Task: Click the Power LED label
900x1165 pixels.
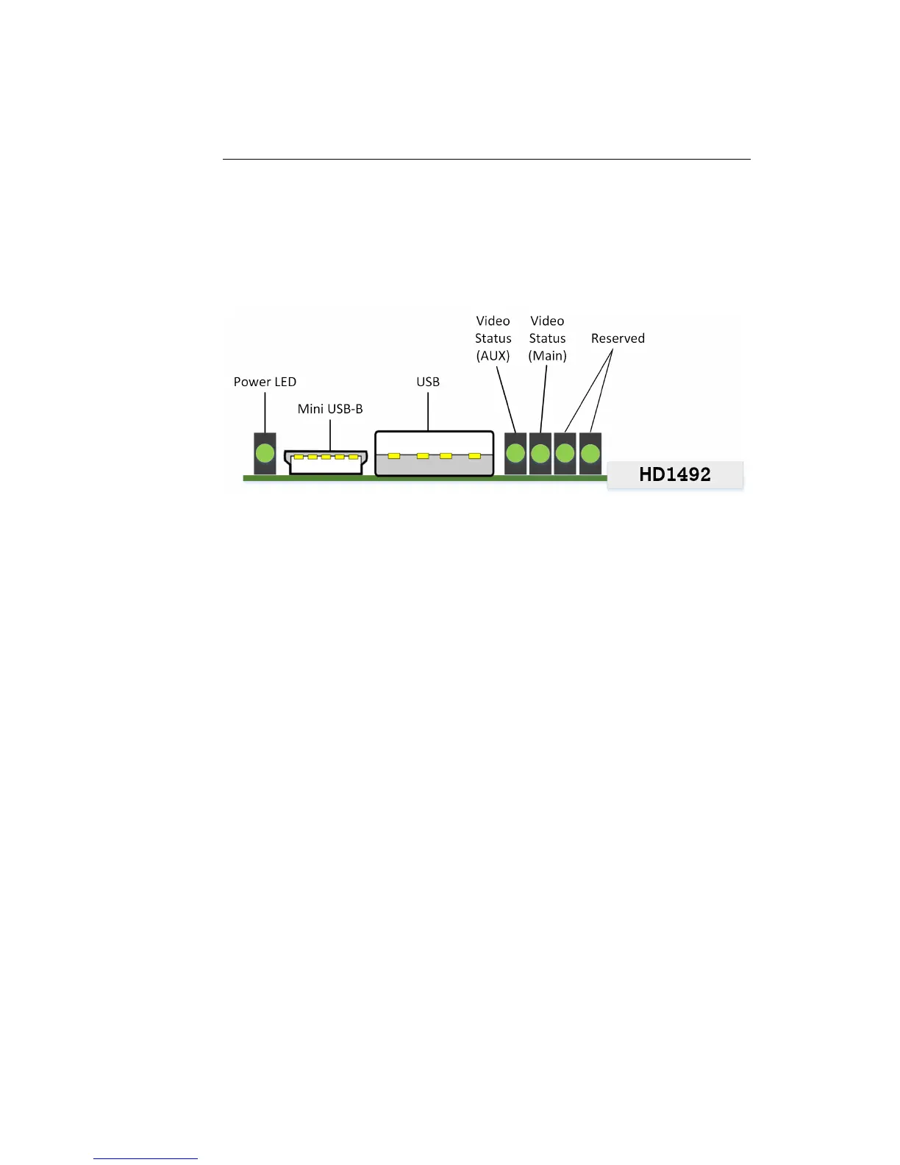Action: (x=265, y=382)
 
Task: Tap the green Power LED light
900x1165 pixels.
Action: (x=265, y=454)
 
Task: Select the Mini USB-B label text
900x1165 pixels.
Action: (x=330, y=409)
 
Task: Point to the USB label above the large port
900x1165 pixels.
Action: (x=428, y=382)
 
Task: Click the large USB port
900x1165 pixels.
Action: (x=434, y=454)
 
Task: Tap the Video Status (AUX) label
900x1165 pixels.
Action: (x=493, y=338)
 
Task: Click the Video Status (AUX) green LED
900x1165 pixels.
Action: (x=515, y=453)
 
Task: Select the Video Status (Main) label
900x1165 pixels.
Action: (x=548, y=338)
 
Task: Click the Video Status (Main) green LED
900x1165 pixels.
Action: (x=540, y=453)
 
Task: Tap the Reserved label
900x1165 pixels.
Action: (x=618, y=338)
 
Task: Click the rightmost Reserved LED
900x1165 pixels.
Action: (x=590, y=453)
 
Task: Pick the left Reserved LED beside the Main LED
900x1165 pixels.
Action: (x=565, y=453)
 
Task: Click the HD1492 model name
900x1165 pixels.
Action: (x=675, y=474)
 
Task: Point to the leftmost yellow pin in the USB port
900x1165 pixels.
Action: (x=394, y=456)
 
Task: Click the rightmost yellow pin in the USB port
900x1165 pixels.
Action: (x=475, y=456)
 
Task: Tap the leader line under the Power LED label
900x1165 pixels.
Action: (x=265, y=412)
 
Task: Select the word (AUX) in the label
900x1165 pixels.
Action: (x=493, y=356)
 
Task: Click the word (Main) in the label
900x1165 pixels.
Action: (x=548, y=356)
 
